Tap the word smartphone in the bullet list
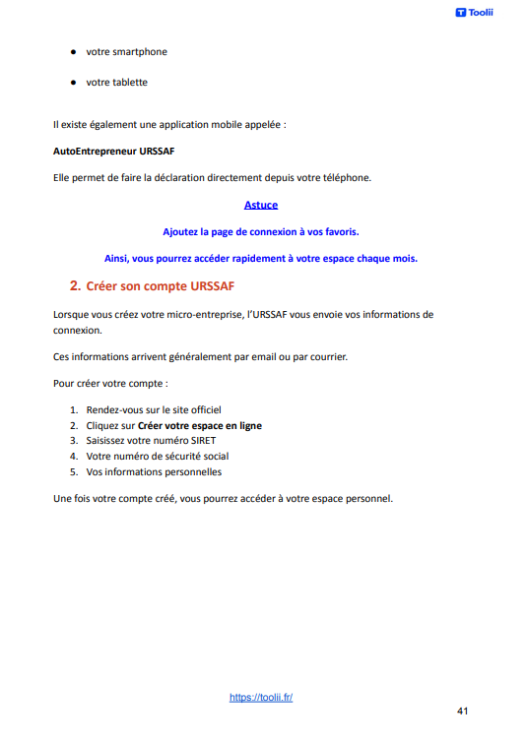pos(139,51)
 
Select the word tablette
pos(129,82)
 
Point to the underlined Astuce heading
pos(261,205)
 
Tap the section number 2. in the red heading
pos(75,286)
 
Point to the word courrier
pos(320,356)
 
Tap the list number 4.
pos(74,457)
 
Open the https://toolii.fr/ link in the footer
pos(261,697)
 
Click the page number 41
pos(463,710)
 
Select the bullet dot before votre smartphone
pos(73,51)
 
